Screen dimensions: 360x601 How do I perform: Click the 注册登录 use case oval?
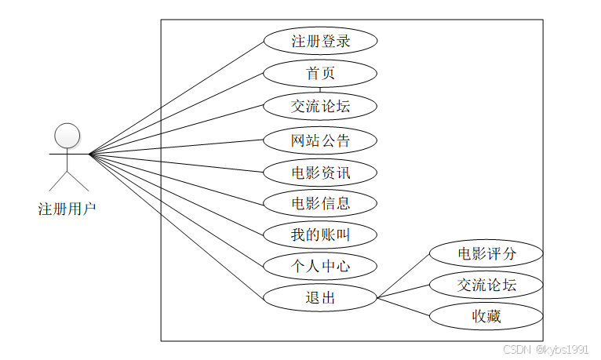coord(320,41)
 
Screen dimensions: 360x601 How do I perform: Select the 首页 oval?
coord(320,74)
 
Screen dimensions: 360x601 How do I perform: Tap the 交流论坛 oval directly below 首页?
coord(320,106)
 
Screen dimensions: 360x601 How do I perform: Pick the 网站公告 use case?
coord(320,141)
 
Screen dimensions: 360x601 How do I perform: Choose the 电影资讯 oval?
coord(320,173)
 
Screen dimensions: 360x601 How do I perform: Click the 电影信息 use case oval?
coord(320,204)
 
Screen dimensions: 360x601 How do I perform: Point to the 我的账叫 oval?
coord(320,235)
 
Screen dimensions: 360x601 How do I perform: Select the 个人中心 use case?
coord(320,266)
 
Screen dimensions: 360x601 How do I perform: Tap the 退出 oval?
coord(320,297)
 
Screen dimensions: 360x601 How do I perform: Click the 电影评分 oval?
coord(486,254)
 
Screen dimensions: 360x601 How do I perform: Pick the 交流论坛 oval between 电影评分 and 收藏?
coord(486,285)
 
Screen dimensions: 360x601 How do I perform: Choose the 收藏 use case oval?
coord(486,316)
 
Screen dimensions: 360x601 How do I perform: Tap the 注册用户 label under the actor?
coord(67,209)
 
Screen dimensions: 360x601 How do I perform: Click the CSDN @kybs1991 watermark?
coord(545,349)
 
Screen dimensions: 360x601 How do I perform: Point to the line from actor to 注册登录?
coord(177,97)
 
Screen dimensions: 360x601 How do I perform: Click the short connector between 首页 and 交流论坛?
coord(320,89)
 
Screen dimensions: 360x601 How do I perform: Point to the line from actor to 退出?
coord(177,227)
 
